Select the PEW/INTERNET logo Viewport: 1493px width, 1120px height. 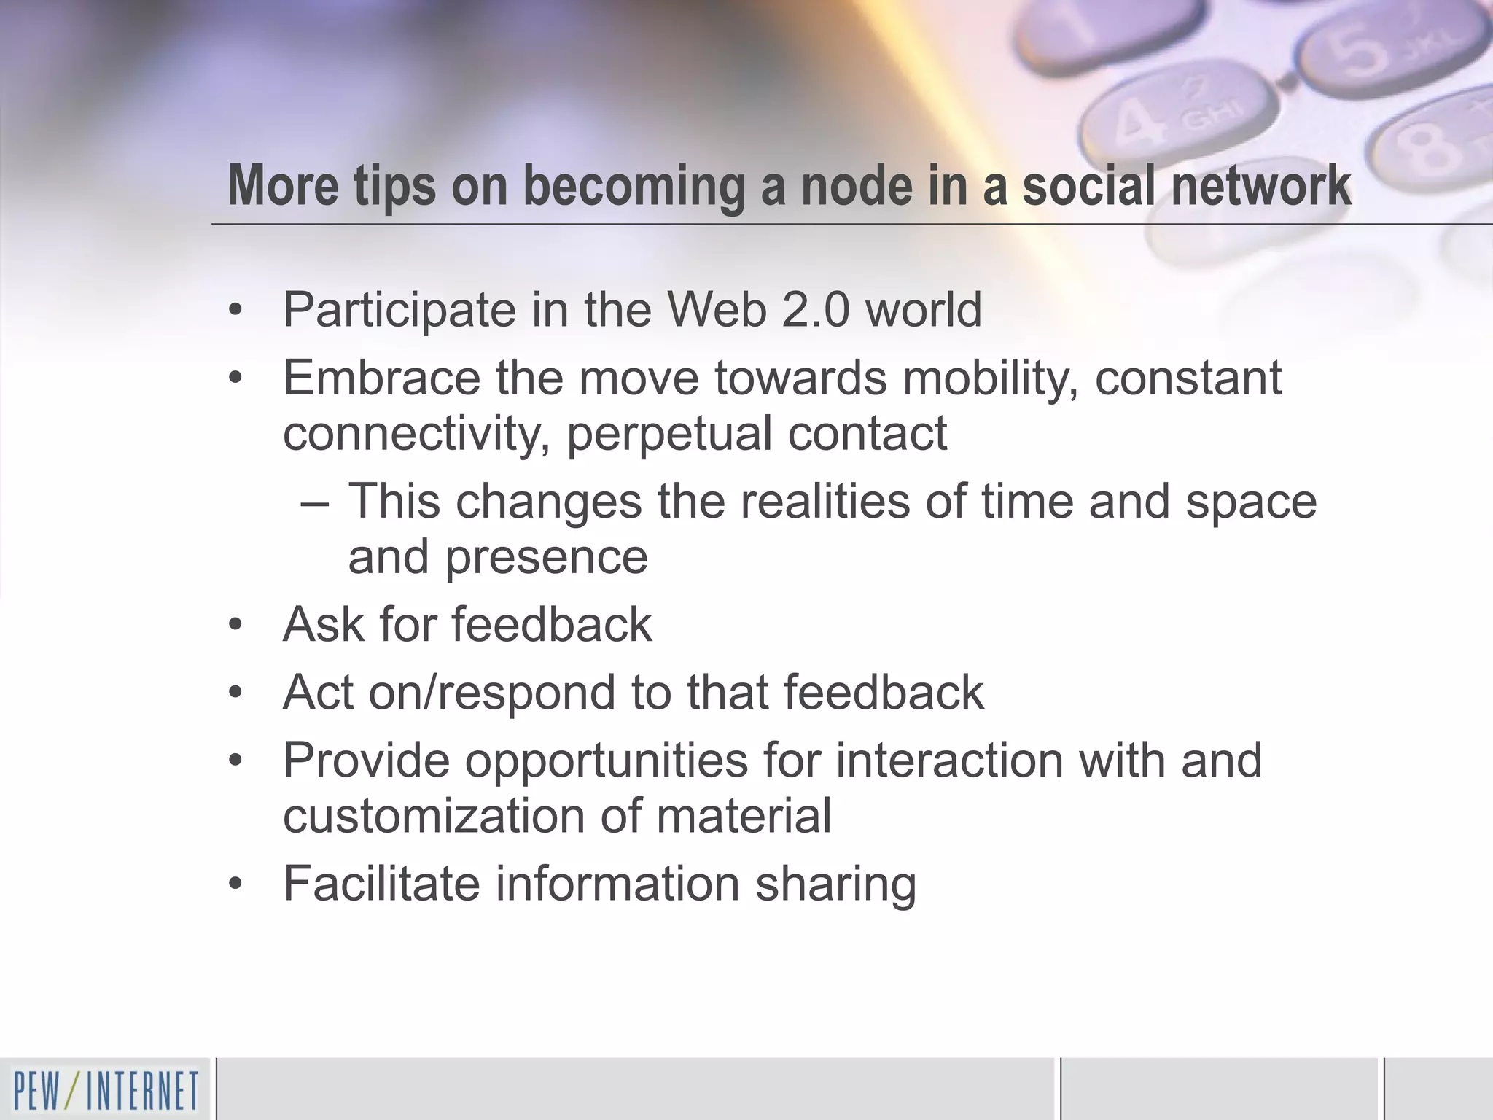tap(106, 1090)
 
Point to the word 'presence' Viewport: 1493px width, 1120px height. tap(547, 558)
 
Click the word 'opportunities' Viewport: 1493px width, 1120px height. tap(607, 761)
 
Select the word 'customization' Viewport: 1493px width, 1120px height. tap(434, 815)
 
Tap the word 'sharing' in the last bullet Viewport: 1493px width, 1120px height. tap(835, 884)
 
